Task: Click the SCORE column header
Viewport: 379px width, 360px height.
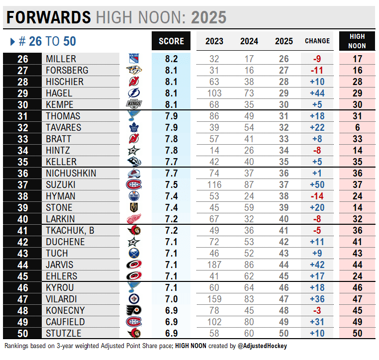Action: (x=171, y=41)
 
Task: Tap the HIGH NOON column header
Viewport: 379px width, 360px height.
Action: (x=357, y=41)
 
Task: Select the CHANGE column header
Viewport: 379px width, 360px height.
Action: (x=317, y=41)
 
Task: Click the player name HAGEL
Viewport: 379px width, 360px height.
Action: (x=59, y=93)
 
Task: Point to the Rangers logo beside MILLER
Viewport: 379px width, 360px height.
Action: (x=134, y=59)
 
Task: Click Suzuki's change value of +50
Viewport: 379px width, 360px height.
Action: (x=317, y=184)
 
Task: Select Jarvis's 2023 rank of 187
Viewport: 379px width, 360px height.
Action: (x=215, y=265)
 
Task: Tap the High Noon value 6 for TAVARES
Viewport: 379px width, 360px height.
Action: (x=357, y=127)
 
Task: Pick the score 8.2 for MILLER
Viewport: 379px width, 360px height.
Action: (x=171, y=59)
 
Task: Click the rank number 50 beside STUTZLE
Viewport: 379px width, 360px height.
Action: (x=22, y=333)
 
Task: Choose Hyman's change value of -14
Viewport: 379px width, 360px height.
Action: (x=317, y=196)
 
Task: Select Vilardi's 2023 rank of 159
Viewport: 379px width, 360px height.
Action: (x=215, y=299)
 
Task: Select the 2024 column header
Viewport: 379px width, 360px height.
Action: (x=249, y=41)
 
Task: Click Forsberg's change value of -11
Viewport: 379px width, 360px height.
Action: (x=317, y=70)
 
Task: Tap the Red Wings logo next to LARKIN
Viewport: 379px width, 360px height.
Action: (x=134, y=219)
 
